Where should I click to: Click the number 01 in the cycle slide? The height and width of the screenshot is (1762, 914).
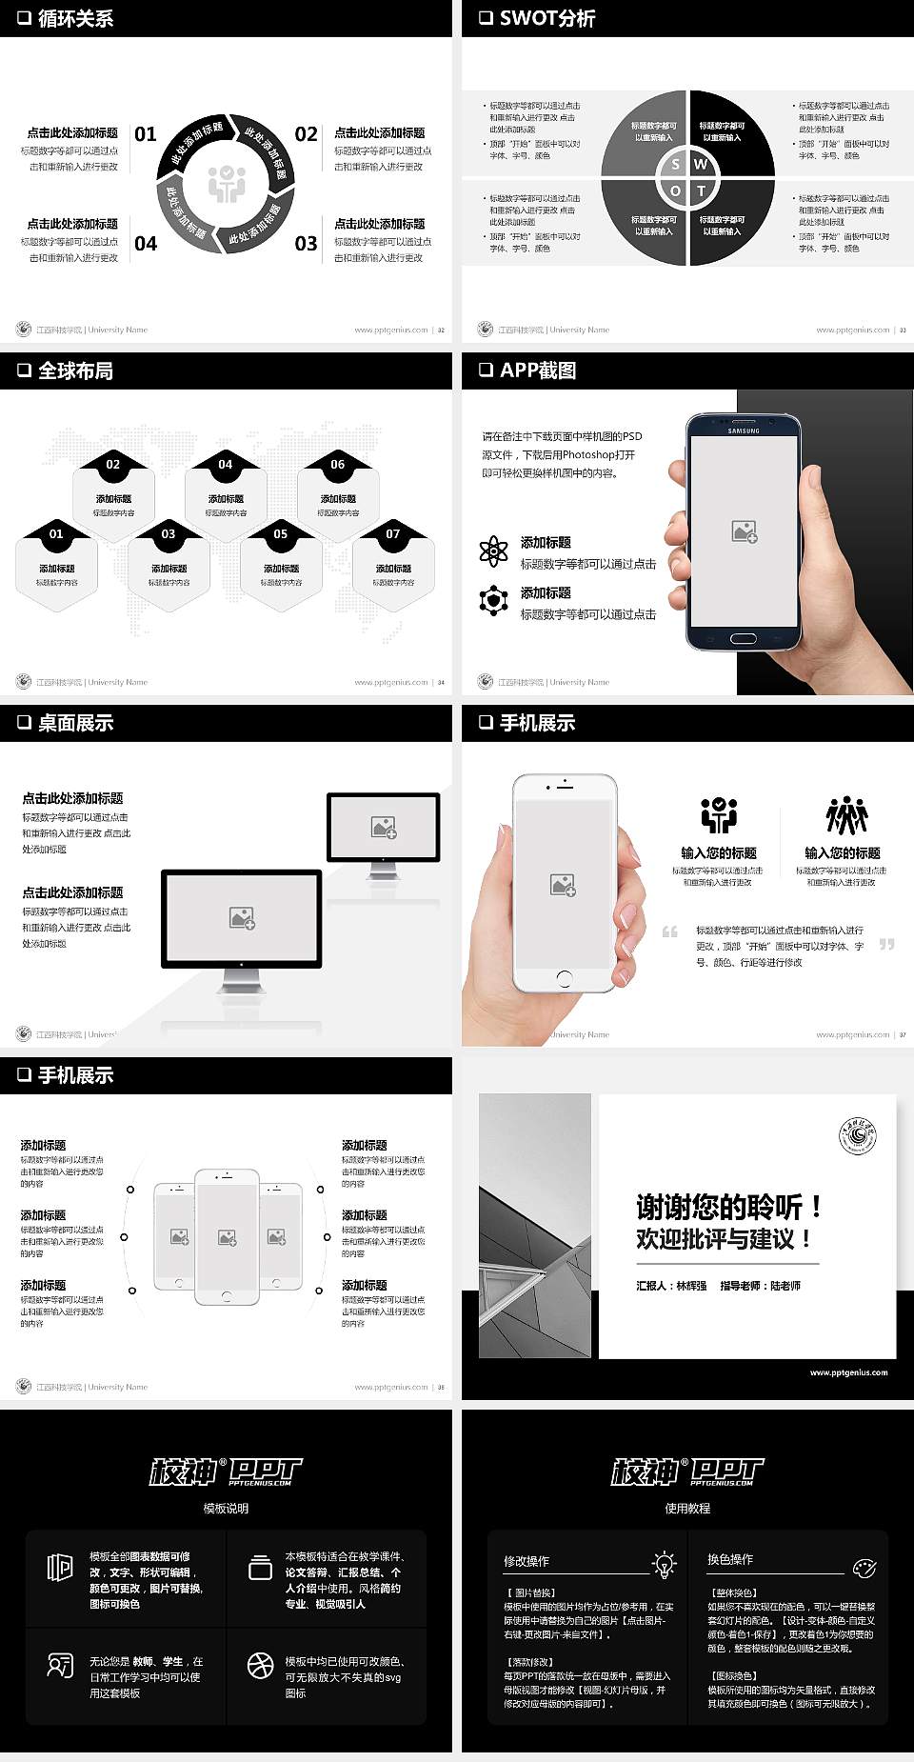(x=145, y=134)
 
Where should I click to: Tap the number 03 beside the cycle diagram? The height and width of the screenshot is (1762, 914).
(x=306, y=244)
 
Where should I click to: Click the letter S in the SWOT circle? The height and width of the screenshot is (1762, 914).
(x=675, y=164)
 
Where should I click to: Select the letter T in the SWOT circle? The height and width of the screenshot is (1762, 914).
(x=701, y=190)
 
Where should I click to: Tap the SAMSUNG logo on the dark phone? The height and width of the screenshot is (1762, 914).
(x=744, y=431)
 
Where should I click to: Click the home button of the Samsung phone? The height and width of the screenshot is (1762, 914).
(x=744, y=638)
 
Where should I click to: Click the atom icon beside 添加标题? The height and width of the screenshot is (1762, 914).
(x=493, y=551)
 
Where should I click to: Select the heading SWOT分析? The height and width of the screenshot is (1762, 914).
(x=547, y=18)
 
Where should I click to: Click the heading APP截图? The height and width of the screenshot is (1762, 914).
(x=538, y=370)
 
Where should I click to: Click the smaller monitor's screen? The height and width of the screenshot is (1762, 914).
(x=384, y=827)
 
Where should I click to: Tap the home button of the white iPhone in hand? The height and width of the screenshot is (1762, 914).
(x=564, y=977)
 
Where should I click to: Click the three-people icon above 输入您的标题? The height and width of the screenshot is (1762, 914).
(x=846, y=816)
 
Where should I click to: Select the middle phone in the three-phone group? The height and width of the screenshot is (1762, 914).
(x=227, y=1236)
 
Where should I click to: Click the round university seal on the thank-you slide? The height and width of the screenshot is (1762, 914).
(x=857, y=1135)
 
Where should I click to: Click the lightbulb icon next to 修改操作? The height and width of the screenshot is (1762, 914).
(x=664, y=1563)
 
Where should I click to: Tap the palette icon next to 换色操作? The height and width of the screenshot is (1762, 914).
(x=864, y=1567)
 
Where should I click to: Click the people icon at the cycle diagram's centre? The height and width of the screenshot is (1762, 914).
(x=227, y=184)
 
